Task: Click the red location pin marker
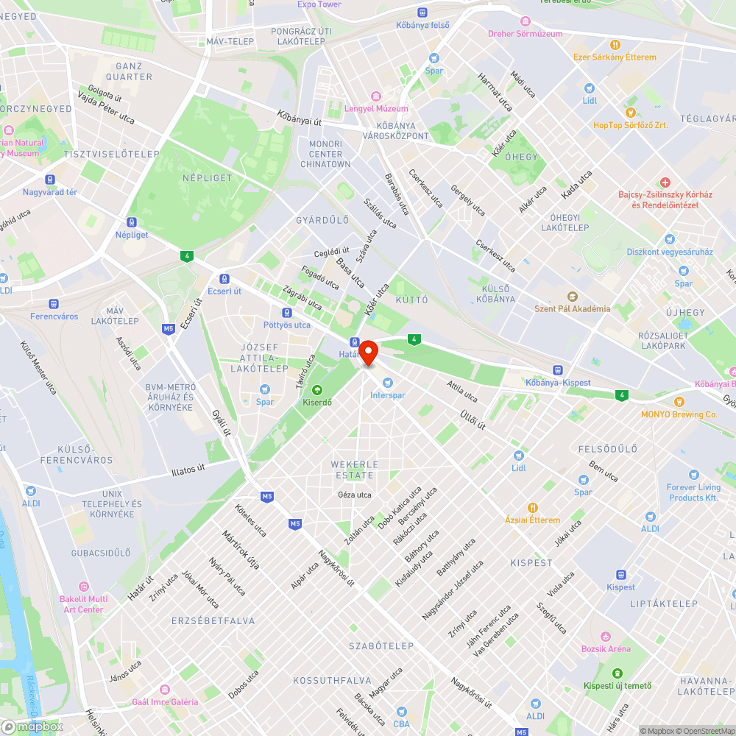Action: point(368,353)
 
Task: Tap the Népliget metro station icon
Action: point(131,222)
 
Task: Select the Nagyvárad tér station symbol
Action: point(50,180)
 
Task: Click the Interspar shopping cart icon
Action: point(388,383)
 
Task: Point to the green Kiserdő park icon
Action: point(317,390)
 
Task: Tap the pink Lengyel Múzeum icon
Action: point(376,96)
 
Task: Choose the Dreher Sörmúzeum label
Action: point(526,34)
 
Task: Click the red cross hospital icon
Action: point(665,182)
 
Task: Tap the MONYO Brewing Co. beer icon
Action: point(678,402)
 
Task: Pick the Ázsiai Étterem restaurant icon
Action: point(532,508)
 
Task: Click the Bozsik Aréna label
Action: point(606,648)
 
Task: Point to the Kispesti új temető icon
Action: point(617,673)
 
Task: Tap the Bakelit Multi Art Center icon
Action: point(83,587)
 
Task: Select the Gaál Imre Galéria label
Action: point(166,701)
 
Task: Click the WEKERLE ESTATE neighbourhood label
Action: point(355,470)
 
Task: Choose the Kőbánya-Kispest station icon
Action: point(558,370)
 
